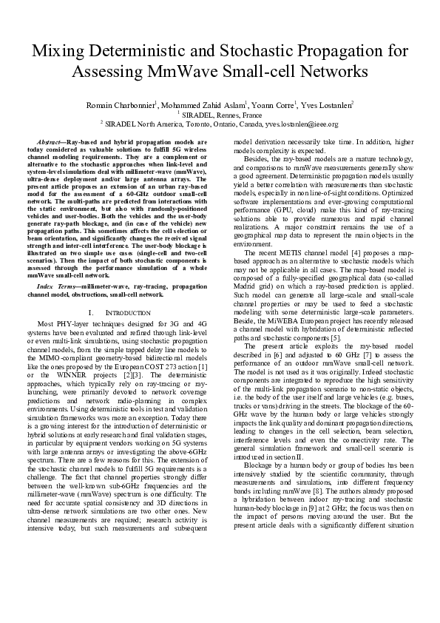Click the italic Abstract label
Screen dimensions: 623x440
click(x=50, y=141)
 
